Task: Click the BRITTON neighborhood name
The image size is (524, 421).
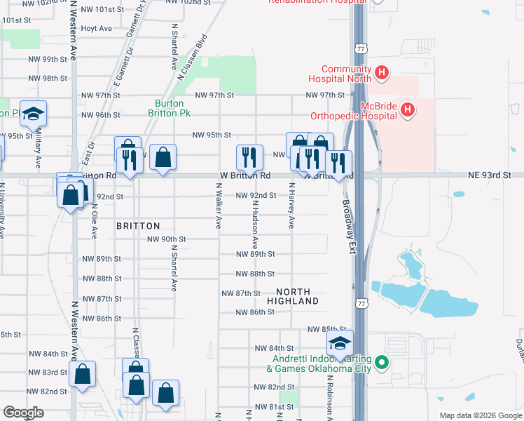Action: click(x=138, y=226)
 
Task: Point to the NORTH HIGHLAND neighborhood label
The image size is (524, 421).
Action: click(x=297, y=296)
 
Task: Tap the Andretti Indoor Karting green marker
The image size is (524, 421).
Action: click(x=381, y=363)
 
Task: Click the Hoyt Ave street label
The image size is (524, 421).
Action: click(x=96, y=29)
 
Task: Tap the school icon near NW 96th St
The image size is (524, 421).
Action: click(x=32, y=114)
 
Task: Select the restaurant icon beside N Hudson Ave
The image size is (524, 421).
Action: click(x=249, y=156)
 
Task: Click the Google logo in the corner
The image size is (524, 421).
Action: click(x=23, y=413)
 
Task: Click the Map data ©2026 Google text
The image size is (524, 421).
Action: click(x=481, y=415)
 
